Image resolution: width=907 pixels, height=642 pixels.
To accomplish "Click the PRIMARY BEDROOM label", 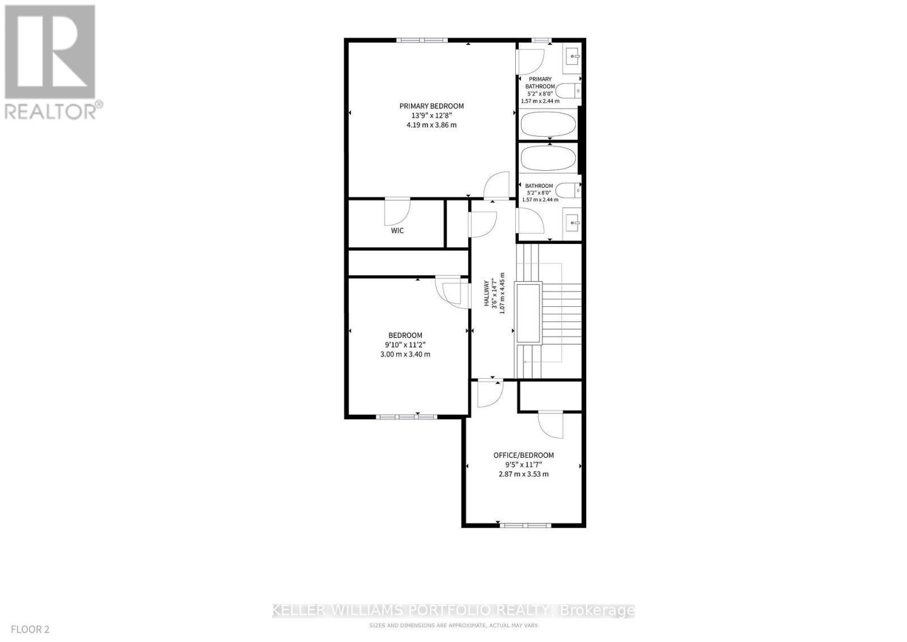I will [431, 106].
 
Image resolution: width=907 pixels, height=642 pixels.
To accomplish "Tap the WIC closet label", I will [397, 231].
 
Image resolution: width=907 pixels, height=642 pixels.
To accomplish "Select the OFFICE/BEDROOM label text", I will [523, 455].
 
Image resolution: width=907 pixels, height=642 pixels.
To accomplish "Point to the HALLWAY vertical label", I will [486, 293].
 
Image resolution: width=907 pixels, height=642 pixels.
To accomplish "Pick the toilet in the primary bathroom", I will [567, 91].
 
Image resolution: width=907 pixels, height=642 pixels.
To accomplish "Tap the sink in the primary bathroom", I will [572, 56].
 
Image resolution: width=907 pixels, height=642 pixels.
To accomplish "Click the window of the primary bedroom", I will [422, 40].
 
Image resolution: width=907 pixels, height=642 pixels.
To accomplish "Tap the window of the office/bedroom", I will [525, 525].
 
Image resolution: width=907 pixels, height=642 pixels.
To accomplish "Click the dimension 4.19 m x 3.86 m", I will [431, 125].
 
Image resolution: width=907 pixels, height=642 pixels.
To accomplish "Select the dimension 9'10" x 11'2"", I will [405, 345].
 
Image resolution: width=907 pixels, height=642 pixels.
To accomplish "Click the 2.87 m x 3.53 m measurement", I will [523, 474].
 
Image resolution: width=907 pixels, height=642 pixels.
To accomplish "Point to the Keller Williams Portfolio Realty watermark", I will [453, 610].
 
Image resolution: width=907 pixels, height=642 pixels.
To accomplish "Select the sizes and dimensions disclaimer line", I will [453, 625].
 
